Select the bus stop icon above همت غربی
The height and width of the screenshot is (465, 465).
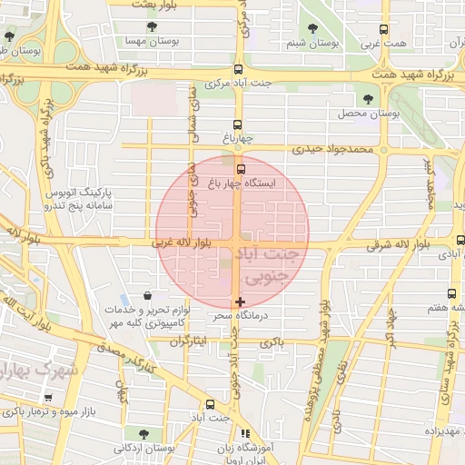pos(383,29)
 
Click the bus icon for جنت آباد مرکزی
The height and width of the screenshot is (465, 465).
pos(238,70)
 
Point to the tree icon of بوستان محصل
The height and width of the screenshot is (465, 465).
pos(368,99)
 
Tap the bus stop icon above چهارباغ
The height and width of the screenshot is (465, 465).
pos(238,125)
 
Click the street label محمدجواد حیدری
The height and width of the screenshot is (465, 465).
pos(333,149)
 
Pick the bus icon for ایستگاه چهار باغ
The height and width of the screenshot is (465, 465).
pos(241,168)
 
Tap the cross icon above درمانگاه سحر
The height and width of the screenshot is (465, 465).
pos(240,302)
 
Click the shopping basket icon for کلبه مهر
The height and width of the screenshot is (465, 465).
pos(148,295)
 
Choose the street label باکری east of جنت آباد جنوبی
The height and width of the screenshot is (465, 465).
pos(272,342)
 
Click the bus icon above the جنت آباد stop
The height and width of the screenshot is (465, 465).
pos(210,405)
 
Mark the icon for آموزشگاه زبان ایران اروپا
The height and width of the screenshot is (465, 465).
pos(243,434)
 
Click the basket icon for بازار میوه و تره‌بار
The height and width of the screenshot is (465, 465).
pos(47,398)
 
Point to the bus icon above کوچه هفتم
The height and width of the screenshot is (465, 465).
pos(452,293)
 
